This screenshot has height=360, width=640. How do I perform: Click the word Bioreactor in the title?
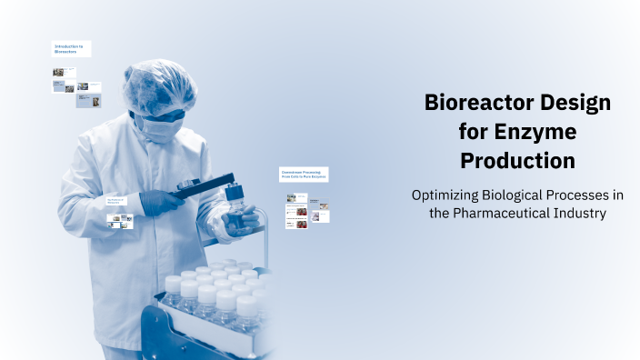480,103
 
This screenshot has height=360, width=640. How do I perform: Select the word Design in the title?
575,103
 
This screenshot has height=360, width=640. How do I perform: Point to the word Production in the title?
517,161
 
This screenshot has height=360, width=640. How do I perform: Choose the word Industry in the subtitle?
578,213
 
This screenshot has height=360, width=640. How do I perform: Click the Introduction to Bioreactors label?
71,48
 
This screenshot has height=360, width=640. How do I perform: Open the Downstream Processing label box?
304,174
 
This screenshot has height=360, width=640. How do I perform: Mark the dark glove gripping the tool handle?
159,203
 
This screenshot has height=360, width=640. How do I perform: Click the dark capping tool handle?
203,186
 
